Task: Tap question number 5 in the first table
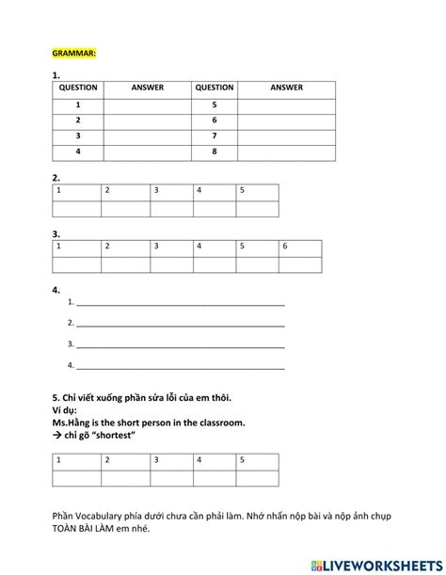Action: (x=215, y=104)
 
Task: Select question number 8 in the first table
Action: (x=215, y=150)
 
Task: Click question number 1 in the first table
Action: (x=78, y=104)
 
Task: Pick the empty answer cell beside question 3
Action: (x=147, y=136)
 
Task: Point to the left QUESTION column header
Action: (x=78, y=88)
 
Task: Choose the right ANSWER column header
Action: (x=286, y=88)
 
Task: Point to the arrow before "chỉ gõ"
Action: (x=57, y=437)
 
